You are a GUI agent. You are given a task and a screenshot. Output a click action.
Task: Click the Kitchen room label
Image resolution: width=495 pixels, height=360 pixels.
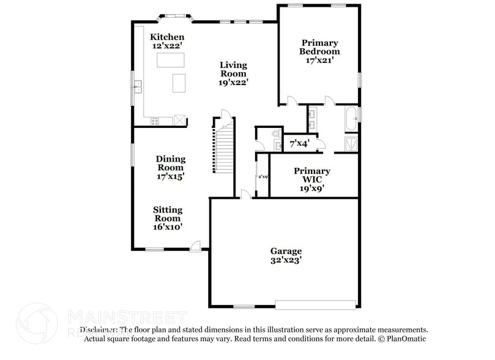[167, 37]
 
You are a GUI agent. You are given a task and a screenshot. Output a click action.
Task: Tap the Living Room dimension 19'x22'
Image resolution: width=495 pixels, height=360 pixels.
[234, 82]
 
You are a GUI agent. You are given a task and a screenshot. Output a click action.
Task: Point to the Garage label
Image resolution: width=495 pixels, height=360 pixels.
[286, 251]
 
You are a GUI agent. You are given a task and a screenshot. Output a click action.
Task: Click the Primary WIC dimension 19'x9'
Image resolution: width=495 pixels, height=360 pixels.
[311, 189]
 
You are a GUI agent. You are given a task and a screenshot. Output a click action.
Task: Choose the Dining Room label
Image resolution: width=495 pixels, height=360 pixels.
[171, 163]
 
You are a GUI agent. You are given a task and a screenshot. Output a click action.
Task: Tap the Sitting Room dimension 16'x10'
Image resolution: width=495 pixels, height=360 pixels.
[167, 227]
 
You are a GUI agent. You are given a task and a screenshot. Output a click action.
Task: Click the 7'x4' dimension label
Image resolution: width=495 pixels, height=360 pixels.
[299, 143]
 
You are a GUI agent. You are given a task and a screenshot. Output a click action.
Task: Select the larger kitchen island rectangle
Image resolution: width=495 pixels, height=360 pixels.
[171, 59]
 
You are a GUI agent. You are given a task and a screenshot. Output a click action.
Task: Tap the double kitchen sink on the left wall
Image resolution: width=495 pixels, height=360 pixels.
[138, 86]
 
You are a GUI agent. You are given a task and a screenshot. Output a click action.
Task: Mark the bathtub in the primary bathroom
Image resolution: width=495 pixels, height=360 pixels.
[351, 119]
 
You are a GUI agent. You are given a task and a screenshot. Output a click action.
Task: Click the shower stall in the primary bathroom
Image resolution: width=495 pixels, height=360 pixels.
[351, 143]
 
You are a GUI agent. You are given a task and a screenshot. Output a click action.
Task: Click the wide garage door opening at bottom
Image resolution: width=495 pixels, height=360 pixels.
[315, 304]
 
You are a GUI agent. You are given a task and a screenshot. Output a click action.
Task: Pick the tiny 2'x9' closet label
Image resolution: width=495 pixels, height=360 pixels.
[262, 176]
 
